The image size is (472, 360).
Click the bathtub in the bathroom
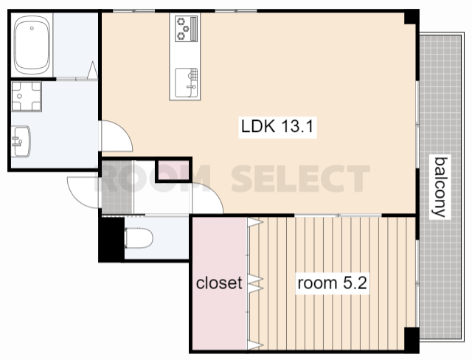(32, 44)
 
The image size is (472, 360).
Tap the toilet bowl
(139, 238)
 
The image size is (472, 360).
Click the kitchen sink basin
(187, 83)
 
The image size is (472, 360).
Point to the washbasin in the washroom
(21, 141)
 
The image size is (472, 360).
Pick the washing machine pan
(27, 97)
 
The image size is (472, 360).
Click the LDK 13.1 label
(277, 127)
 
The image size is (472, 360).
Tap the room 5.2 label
(332, 283)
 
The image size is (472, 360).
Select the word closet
(219, 283)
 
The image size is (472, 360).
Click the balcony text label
(440, 187)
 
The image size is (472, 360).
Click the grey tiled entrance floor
(117, 187)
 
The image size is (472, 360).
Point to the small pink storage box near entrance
(174, 171)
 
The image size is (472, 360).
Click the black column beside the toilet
(111, 239)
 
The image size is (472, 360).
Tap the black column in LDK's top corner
(412, 17)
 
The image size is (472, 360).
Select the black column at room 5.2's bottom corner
(412, 340)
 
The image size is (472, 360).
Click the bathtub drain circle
(32, 29)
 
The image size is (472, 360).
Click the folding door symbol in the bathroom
(93, 70)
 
